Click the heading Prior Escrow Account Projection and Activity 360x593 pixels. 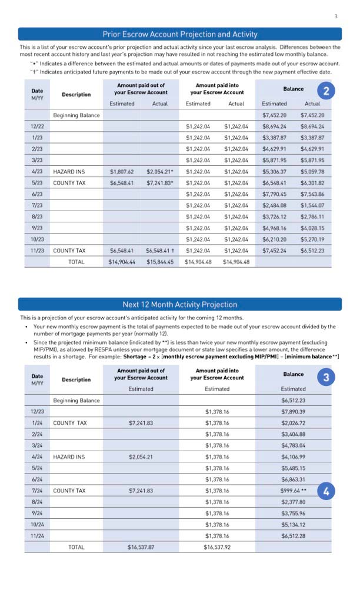point(180,34)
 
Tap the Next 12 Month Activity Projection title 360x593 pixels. point(180,304)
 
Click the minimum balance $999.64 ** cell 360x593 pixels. point(293,490)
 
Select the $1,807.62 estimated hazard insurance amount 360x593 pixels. point(122,172)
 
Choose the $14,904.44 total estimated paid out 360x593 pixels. point(122,261)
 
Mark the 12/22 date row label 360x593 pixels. point(37,126)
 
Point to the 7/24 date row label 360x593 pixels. point(37,490)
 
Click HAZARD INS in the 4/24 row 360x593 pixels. point(69,457)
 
